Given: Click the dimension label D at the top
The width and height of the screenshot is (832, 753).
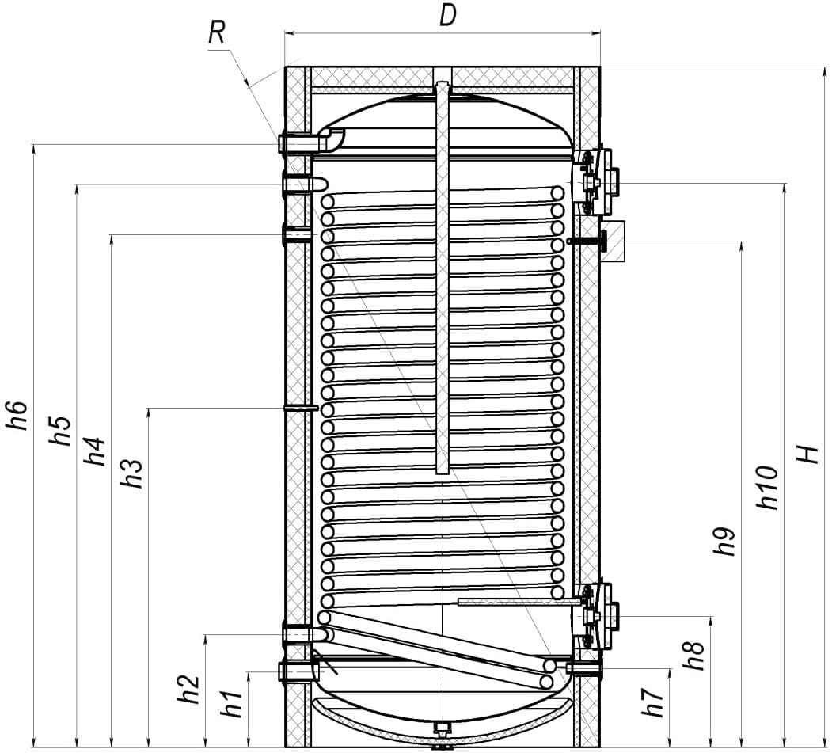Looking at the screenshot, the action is pyautogui.click(x=448, y=16).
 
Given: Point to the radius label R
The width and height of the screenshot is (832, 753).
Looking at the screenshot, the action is pyautogui.click(x=216, y=32).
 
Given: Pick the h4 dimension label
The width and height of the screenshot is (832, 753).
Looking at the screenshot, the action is pyautogui.click(x=96, y=451).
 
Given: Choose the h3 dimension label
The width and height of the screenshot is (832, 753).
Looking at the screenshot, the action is pyautogui.click(x=132, y=473).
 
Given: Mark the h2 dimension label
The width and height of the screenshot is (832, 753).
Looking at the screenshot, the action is pyautogui.click(x=188, y=689).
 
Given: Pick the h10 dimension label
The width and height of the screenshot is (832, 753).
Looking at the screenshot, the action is pyautogui.click(x=768, y=488).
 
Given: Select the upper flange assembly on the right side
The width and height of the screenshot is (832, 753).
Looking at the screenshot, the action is pyautogui.click(x=595, y=181).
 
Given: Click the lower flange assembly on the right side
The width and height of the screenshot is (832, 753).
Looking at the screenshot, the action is pyautogui.click(x=595, y=615).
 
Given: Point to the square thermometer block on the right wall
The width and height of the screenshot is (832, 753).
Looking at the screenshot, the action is pyautogui.click(x=613, y=241).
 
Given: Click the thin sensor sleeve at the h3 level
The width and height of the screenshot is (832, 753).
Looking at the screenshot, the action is pyautogui.click(x=301, y=408).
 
